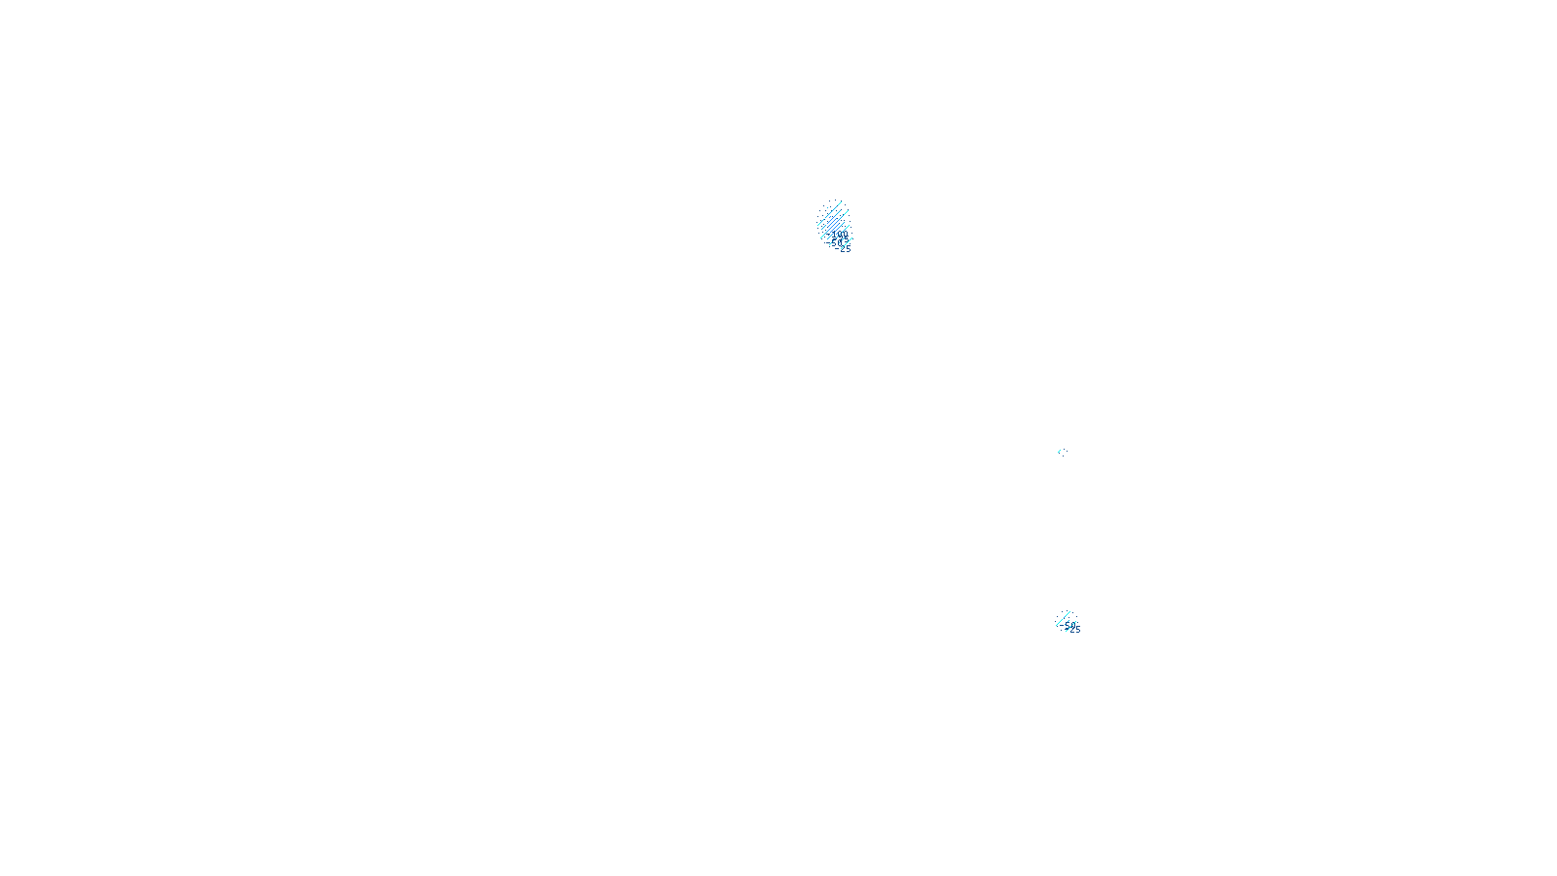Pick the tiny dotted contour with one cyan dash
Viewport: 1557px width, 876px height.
(1062, 452)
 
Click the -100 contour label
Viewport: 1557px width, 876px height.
(842, 236)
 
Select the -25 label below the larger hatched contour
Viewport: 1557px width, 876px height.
(846, 249)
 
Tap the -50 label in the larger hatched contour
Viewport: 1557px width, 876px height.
(836, 242)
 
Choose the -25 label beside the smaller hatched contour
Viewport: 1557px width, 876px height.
(1074, 630)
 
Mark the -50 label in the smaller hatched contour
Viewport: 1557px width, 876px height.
(1068, 625)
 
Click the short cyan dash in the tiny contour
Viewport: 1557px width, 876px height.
(1062, 451)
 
